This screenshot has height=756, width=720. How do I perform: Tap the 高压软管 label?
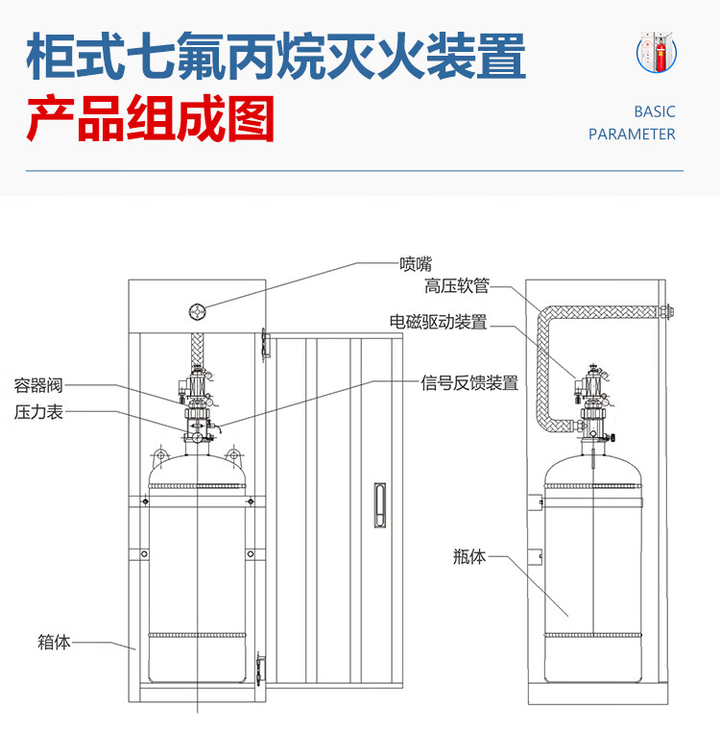click(457, 286)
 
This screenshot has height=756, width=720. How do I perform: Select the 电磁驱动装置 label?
click(438, 322)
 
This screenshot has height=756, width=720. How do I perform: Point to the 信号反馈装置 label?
click(469, 383)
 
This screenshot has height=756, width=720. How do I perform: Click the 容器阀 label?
click(38, 385)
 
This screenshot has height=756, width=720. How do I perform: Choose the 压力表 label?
click(38, 412)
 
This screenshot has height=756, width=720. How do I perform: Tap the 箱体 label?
click(54, 643)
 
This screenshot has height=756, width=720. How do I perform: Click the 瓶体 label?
click(469, 556)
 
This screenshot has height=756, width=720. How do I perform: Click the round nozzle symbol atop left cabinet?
click(198, 310)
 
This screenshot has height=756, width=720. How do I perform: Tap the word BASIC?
click(655, 111)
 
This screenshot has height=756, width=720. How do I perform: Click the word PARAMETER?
click(632, 134)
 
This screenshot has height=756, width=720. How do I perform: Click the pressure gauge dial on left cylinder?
click(196, 437)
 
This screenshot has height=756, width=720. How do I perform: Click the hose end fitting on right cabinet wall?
click(664, 311)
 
